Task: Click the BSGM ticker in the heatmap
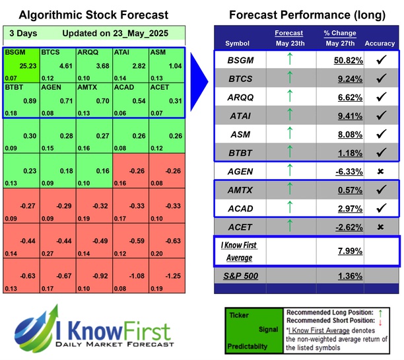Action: (14, 52)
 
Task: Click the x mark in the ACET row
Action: (380, 227)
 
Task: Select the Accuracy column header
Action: (379, 44)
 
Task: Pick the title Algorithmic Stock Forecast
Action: (92, 15)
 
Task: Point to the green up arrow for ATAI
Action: (289, 116)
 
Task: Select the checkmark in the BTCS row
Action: (380, 79)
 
